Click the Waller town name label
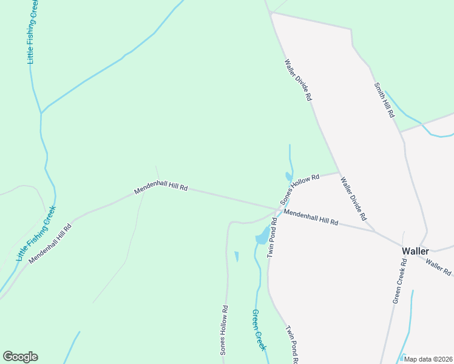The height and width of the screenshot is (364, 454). (416, 251)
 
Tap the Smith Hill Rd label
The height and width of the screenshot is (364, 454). (384, 100)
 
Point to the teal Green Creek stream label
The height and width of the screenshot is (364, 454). (259, 330)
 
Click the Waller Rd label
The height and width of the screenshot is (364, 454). (438, 267)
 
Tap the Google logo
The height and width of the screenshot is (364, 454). (20, 357)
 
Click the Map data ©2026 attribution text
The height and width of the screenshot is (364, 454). (428, 359)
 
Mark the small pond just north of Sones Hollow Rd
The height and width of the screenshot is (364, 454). (287, 177)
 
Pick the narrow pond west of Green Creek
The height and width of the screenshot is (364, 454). (236, 256)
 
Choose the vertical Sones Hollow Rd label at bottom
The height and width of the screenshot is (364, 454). (224, 329)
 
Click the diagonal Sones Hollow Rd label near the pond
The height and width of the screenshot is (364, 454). (299, 189)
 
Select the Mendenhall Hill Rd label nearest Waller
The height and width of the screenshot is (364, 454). (311, 218)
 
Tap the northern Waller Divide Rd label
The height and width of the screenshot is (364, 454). (299, 79)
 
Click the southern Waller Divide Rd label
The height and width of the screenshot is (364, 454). (354, 198)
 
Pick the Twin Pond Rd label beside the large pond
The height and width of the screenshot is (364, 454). (273, 238)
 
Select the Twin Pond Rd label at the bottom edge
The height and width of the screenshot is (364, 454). (291, 345)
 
